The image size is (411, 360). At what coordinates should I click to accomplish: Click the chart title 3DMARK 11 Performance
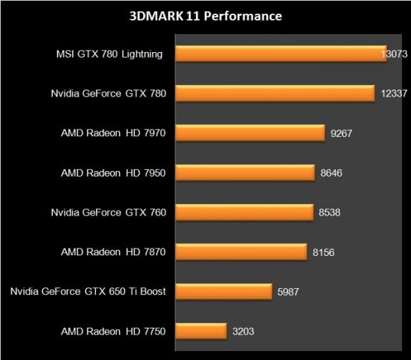206,15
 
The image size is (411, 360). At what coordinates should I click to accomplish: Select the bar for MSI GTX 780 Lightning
281,53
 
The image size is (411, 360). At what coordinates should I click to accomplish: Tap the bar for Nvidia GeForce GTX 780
275,93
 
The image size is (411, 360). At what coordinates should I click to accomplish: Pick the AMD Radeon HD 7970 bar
250,133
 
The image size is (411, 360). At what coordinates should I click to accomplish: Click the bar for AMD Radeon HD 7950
245,172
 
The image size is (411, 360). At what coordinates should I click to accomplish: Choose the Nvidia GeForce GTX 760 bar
245,212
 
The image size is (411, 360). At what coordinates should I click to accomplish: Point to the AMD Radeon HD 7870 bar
241,252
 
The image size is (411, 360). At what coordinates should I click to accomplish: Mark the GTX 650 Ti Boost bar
223,292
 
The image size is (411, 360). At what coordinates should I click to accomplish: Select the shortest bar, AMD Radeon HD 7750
201,331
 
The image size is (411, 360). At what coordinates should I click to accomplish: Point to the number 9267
341,133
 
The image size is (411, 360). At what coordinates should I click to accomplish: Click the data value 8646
332,172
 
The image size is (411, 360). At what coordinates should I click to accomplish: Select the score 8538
329,212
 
